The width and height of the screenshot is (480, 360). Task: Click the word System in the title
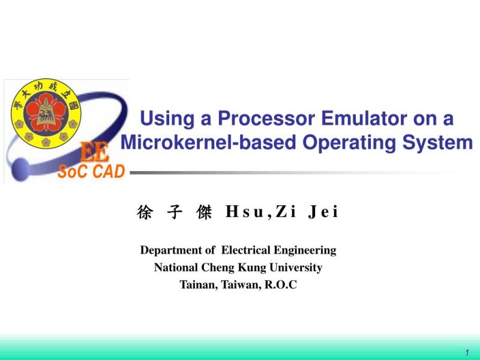point(438,143)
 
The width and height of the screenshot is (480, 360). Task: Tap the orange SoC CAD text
point(91,172)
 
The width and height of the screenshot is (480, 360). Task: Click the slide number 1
point(467,352)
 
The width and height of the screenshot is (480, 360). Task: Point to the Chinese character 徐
point(145,212)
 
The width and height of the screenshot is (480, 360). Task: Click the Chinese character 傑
point(203,212)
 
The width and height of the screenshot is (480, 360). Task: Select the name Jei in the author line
point(323,212)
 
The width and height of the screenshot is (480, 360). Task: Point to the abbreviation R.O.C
point(281,285)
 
